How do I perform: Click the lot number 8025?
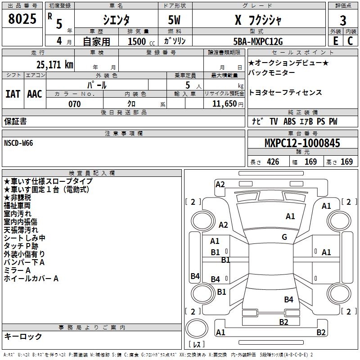pyautogui.click(x=22, y=19)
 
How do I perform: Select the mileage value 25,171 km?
pyautogui.click(x=55, y=65)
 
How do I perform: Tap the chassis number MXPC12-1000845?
pyautogui.click(x=302, y=143)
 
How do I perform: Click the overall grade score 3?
pyautogui.click(x=343, y=21)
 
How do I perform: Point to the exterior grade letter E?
pyautogui.click(x=335, y=41)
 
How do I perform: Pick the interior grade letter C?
pyautogui.click(x=350, y=41)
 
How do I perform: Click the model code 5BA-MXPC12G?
pyautogui.click(x=258, y=41)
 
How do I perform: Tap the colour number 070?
pyautogui.click(x=75, y=104)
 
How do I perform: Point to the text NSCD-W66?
pyautogui.click(x=18, y=143)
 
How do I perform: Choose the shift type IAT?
pyautogui.click(x=13, y=94)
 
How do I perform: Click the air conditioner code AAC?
pyautogui.click(x=35, y=94)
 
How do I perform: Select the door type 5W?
pyautogui.click(x=174, y=20)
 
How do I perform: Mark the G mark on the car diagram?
pyautogui.click(x=284, y=237)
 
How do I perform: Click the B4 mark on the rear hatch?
pyautogui.click(x=288, y=299)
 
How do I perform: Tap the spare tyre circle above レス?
pyautogui.click(x=197, y=328)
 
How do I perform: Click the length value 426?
pyautogui.click(x=273, y=162)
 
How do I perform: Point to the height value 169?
pyautogui.click(x=346, y=162)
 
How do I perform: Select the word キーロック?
pyautogui.click(x=23, y=336)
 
